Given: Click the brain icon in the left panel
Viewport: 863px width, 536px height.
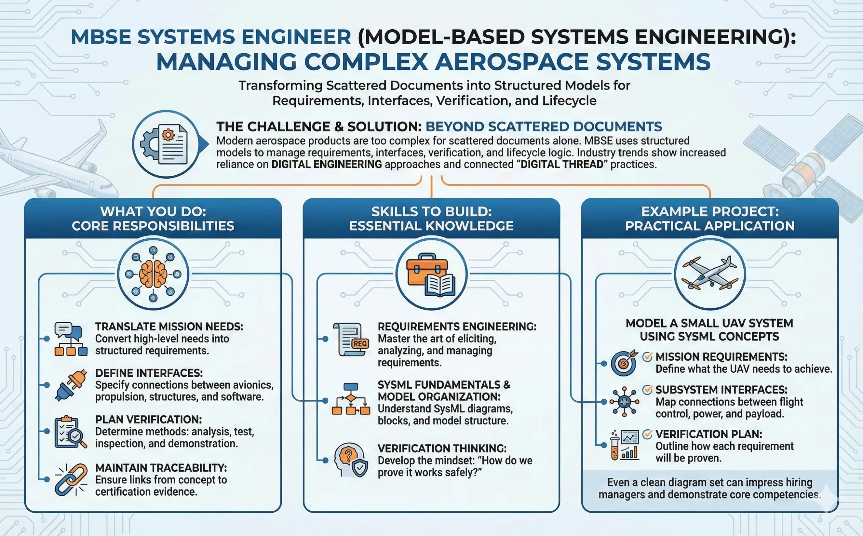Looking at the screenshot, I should point(153,274).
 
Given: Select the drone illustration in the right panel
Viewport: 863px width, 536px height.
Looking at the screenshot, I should point(710,274).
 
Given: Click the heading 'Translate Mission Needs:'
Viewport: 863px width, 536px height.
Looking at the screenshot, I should point(169,327).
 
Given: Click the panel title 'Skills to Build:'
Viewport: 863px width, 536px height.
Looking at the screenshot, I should point(431,212).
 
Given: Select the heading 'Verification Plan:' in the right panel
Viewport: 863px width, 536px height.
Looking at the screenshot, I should point(709,434).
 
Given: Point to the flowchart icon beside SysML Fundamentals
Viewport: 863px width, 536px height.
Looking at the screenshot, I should point(351,399).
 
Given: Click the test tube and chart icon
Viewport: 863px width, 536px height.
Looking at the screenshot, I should point(625,445).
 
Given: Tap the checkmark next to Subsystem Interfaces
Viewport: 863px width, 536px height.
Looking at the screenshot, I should point(647,390).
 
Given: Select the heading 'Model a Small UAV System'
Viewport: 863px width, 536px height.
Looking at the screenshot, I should point(709,323).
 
